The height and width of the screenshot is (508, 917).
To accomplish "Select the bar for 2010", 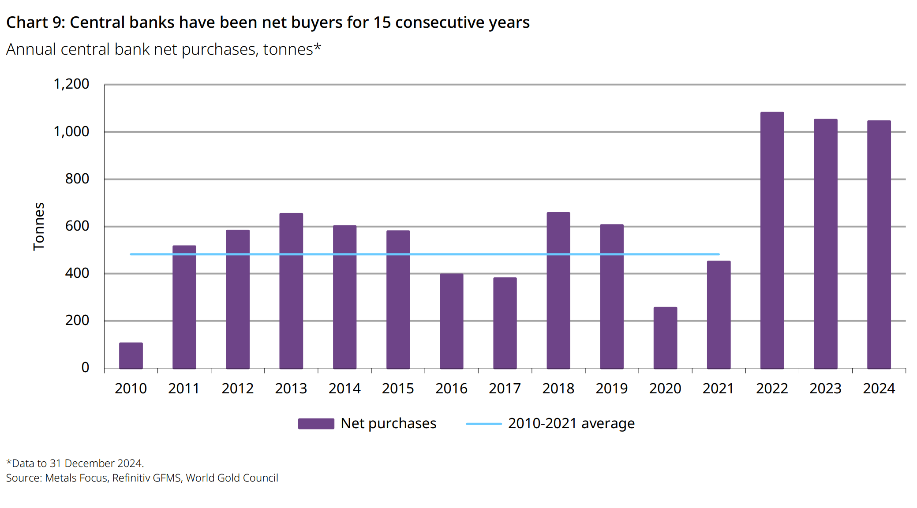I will [131, 355].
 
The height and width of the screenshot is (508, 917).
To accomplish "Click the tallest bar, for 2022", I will [772, 240].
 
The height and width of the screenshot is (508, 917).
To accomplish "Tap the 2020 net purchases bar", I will [665, 338].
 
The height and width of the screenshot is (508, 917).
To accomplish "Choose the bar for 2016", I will [451, 321].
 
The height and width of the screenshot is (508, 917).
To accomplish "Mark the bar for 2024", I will [879, 244].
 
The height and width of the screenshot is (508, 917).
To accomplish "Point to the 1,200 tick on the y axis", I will [71, 84].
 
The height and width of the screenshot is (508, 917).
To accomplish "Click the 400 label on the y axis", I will [77, 273].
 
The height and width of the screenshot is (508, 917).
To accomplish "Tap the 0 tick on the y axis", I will [85, 367].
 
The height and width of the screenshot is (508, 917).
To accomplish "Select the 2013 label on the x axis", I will [291, 388].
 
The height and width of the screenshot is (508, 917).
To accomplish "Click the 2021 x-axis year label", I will [718, 388].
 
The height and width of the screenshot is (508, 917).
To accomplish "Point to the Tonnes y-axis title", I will [39, 226].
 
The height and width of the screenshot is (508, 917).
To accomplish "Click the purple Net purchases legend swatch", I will [316, 424].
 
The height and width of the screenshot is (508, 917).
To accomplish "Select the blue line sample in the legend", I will [483, 424].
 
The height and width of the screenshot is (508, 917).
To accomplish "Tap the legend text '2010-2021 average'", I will [571, 423].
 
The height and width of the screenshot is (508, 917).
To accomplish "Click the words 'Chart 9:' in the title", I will [36, 22].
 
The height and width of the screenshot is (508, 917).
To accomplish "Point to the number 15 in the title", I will [382, 22].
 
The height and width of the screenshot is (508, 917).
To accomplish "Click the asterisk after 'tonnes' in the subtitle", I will [317, 47].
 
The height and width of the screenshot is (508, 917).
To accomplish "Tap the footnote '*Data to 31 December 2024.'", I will [75, 463].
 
